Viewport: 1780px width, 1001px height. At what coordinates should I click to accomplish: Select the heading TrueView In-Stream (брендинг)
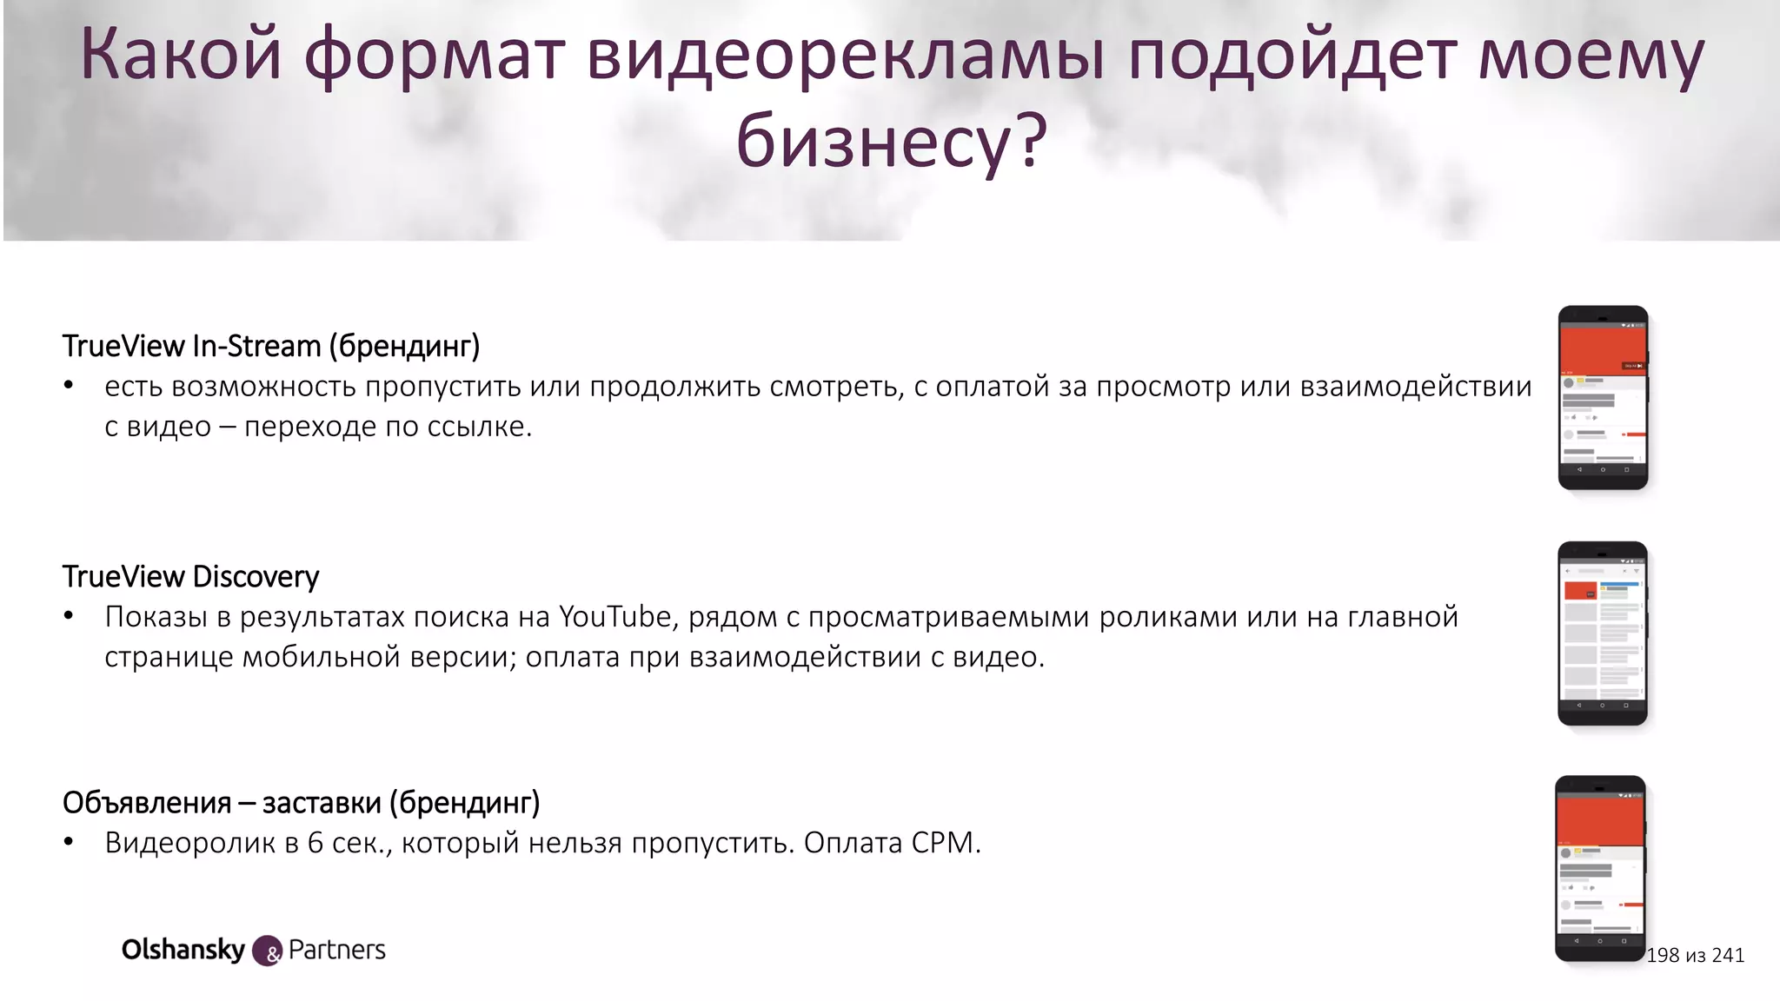[271, 346]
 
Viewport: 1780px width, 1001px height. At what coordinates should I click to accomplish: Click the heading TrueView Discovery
[190, 576]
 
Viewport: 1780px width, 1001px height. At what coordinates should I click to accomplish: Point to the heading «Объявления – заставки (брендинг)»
[301, 802]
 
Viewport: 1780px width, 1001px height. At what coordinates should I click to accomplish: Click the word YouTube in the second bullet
[615, 617]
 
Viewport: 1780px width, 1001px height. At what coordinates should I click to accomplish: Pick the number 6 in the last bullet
[315, 843]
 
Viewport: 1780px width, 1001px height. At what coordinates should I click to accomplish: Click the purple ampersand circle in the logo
[268, 951]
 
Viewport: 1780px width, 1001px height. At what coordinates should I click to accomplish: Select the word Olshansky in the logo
[183, 950]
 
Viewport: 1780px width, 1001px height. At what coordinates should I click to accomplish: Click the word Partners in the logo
[337, 950]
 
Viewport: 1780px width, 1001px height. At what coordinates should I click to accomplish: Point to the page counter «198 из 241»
[1695, 956]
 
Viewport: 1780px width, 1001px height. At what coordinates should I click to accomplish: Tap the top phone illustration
[1603, 397]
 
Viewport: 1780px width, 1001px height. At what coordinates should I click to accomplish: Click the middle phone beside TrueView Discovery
[1602, 633]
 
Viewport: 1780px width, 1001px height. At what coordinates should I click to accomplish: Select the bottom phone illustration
[1600, 868]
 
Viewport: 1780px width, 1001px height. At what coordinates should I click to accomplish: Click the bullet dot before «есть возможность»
[69, 385]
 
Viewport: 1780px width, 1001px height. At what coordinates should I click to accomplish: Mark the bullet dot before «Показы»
[69, 616]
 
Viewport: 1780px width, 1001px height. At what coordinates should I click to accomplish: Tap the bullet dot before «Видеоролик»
[69, 842]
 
